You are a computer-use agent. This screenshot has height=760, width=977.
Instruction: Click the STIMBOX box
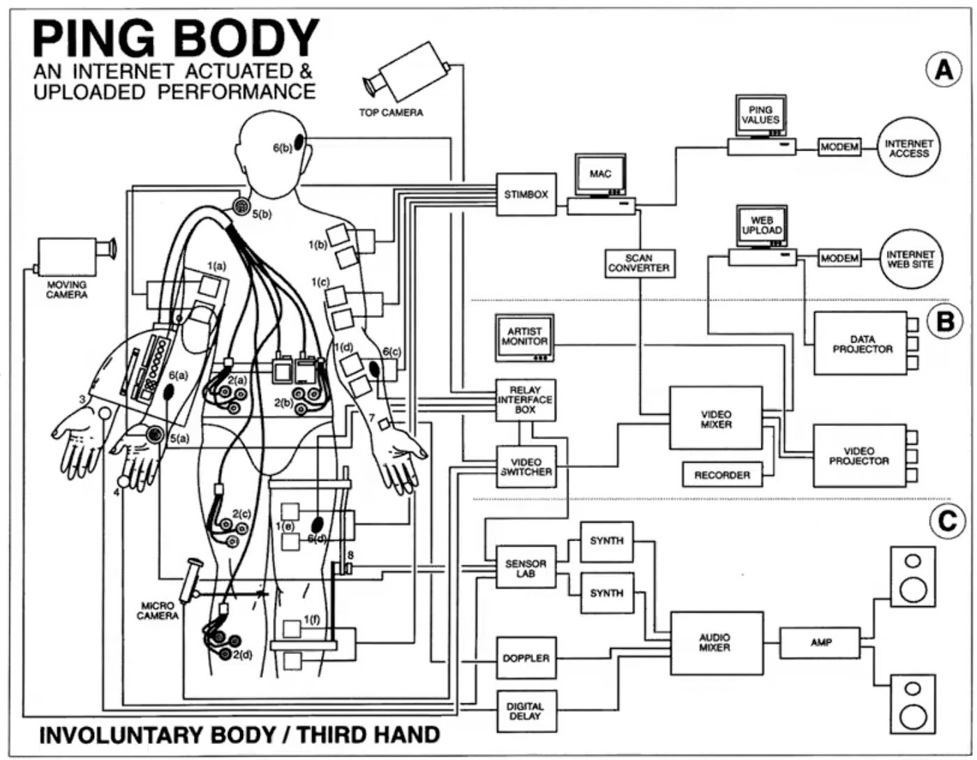coord(525,194)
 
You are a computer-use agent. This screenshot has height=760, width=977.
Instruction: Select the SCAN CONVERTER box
coord(639,264)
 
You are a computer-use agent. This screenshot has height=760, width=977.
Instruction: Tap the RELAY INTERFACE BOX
coord(525,400)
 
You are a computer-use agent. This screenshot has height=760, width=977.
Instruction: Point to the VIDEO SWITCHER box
coord(526,466)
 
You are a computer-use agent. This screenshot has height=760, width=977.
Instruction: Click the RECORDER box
coord(722,475)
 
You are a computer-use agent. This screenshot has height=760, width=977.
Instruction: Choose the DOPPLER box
coord(526,658)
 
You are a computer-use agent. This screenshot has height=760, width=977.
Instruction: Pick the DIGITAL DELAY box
coord(526,712)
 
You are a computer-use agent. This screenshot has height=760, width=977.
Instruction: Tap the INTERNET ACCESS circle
coord(909,148)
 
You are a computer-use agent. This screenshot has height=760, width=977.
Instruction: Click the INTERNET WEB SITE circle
coord(911,259)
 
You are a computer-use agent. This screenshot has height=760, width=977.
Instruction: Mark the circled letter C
coord(947,522)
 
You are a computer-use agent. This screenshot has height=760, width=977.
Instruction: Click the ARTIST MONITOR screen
coord(525,337)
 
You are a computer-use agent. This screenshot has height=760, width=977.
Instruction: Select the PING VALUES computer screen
coord(761,115)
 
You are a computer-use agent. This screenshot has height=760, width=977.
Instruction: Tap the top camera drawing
coord(407,72)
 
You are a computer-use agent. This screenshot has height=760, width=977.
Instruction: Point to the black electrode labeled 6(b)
coord(299,144)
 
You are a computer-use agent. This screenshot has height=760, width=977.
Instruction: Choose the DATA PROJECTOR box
coord(861,344)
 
